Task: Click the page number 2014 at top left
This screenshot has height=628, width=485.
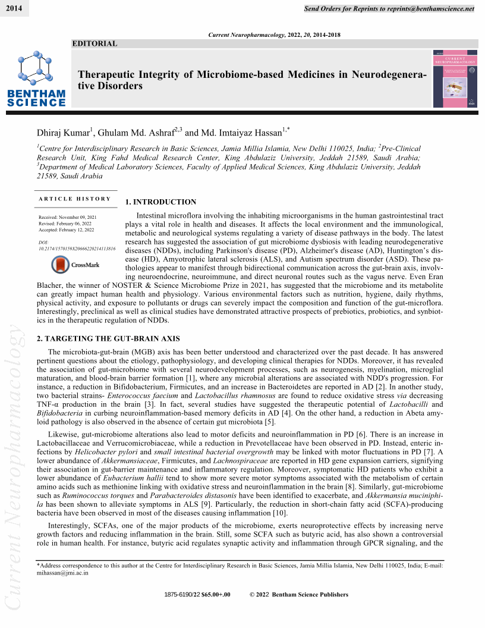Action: pos(14,9)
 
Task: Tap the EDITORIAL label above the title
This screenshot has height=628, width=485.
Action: pos(95,43)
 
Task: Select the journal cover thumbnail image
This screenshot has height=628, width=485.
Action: pos(455,78)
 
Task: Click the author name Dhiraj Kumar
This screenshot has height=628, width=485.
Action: pos(62,133)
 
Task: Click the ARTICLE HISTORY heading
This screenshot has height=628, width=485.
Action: pos(75,199)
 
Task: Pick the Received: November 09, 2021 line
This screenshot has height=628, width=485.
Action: pos(68,218)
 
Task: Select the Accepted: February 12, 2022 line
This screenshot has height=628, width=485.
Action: pos(67,230)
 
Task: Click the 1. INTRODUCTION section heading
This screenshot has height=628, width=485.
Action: pos(160,202)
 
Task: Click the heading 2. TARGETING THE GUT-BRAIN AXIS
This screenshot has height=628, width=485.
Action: pos(100,338)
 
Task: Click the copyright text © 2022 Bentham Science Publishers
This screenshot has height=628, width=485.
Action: pos(299,595)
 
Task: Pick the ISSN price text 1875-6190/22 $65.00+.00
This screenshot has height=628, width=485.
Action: pos(197,595)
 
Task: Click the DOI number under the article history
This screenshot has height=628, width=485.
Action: pos(77,249)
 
